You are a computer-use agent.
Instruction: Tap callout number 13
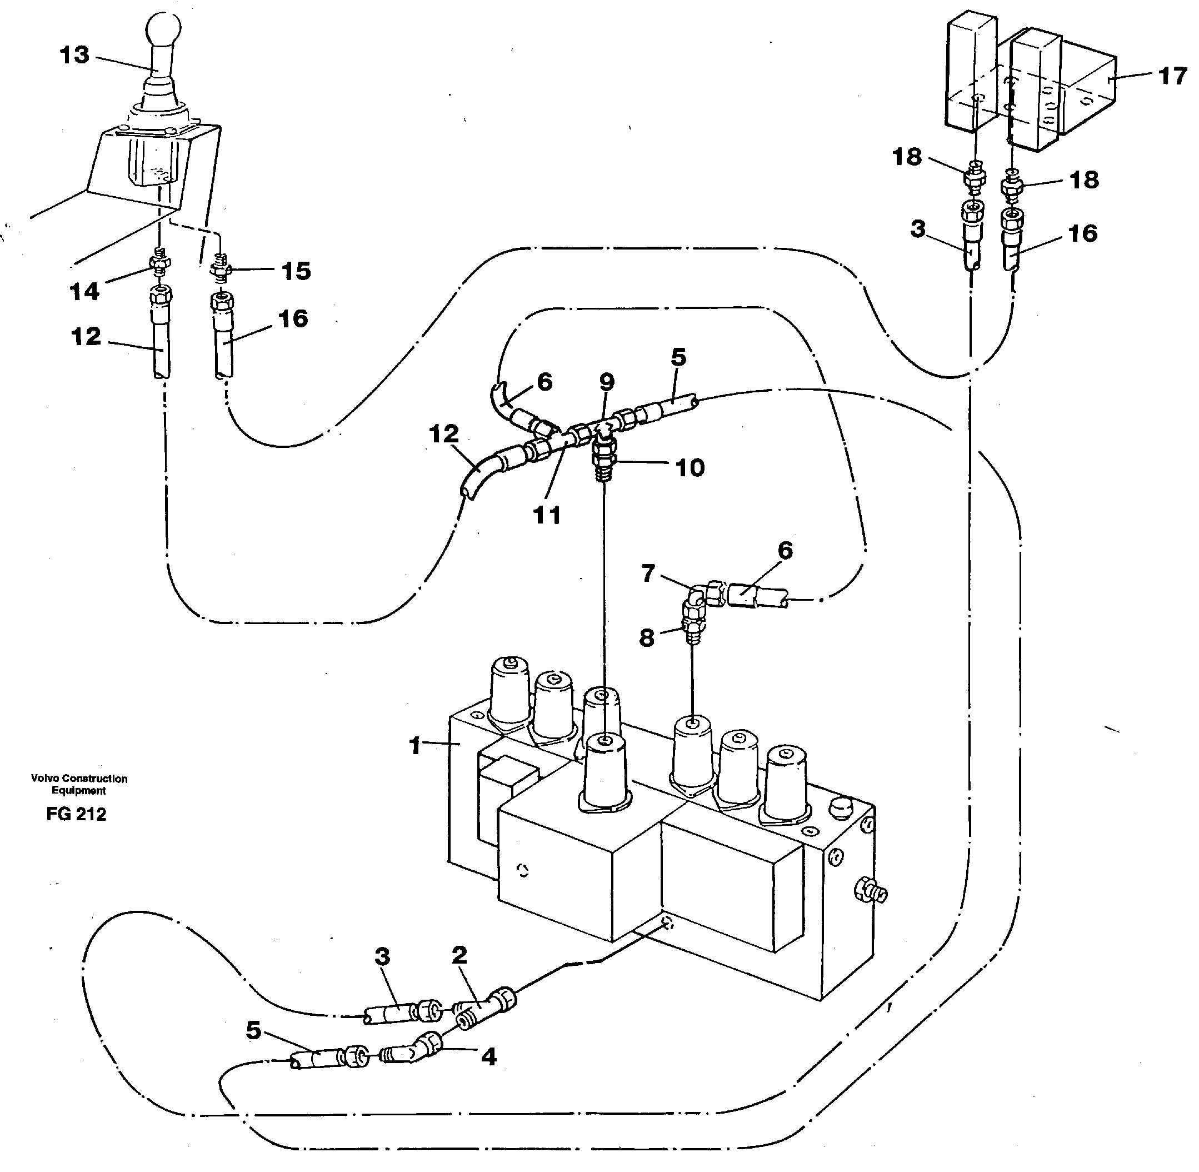click(x=74, y=55)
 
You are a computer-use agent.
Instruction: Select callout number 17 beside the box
click(x=1172, y=76)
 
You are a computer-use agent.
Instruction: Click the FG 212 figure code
click(x=76, y=814)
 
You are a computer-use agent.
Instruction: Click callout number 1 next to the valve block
click(x=416, y=746)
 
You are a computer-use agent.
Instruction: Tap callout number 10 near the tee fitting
click(x=690, y=468)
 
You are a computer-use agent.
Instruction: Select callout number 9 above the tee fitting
click(x=607, y=382)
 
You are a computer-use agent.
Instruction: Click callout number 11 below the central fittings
click(x=547, y=515)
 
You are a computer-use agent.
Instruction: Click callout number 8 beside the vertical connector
click(x=647, y=638)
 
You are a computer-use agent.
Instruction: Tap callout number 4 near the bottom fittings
click(x=488, y=1057)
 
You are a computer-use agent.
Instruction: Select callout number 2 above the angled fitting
click(x=459, y=955)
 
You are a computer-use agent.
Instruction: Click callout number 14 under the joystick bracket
click(x=84, y=291)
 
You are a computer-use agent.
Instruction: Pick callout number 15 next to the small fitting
click(x=296, y=271)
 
